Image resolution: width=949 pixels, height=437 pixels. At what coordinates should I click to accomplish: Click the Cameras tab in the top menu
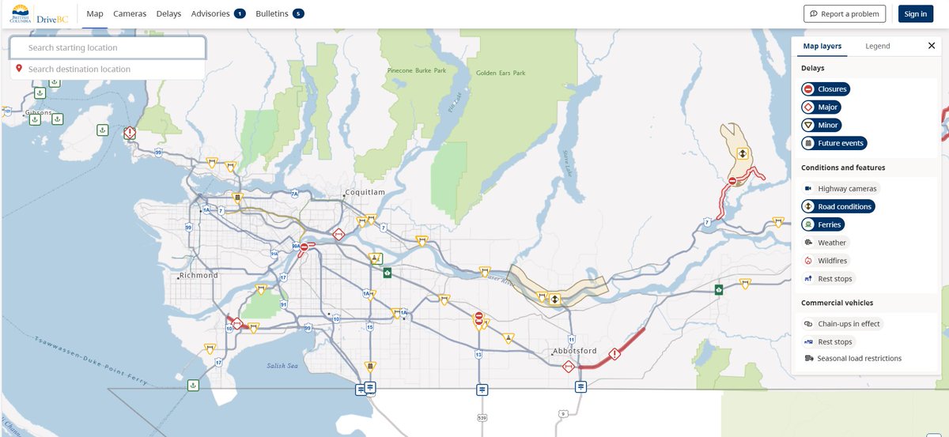pyautogui.click(x=130, y=13)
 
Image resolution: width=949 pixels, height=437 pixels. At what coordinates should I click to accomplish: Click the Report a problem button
pyautogui.click(x=844, y=13)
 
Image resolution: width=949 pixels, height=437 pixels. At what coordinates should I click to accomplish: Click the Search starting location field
pyautogui.click(x=108, y=48)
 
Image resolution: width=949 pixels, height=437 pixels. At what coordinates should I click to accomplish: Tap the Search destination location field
pyautogui.click(x=108, y=70)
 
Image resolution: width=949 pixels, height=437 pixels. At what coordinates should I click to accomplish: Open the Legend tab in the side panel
pyautogui.click(x=877, y=46)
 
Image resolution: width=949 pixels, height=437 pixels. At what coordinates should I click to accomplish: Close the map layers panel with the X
pyautogui.click(x=931, y=46)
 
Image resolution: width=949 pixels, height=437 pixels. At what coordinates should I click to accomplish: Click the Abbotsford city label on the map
pyautogui.click(x=576, y=351)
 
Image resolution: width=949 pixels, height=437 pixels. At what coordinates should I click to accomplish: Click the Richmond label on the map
pyautogui.click(x=198, y=276)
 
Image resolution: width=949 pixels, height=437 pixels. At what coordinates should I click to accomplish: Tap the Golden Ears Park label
pyautogui.click(x=501, y=73)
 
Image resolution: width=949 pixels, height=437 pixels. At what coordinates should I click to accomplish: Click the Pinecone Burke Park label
pyautogui.click(x=417, y=70)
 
